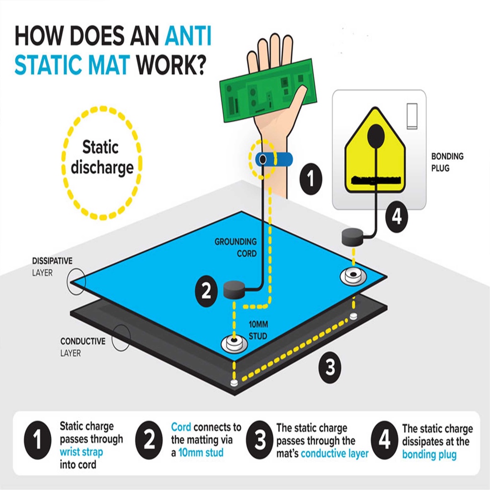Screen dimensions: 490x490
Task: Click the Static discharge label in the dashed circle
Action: click(x=100, y=157)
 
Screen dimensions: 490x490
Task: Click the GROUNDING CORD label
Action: click(x=235, y=247)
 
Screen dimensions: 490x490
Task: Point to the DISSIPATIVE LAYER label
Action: click(x=52, y=267)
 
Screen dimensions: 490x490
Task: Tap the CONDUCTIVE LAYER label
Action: click(x=83, y=347)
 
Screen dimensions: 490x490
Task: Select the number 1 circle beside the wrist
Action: click(x=311, y=180)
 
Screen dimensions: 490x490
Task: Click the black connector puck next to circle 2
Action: click(x=234, y=289)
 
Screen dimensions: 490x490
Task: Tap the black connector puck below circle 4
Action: click(x=353, y=236)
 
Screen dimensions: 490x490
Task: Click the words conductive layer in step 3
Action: click(x=334, y=453)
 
